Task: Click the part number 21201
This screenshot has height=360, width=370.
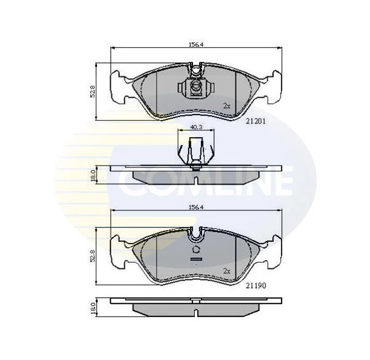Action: click(x=256, y=121)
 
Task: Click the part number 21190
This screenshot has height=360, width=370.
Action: click(x=256, y=286)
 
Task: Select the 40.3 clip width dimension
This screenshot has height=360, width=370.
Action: click(x=196, y=127)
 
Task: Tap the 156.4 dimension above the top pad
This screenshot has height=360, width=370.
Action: click(x=196, y=45)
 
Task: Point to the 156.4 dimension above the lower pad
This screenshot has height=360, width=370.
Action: click(x=196, y=207)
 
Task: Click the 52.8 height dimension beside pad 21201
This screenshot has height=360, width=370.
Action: click(x=92, y=92)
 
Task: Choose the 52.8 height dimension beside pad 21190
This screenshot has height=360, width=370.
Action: click(x=92, y=256)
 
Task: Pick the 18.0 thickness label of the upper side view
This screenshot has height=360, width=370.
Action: click(x=93, y=175)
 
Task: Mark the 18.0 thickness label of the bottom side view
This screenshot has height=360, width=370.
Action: click(x=93, y=308)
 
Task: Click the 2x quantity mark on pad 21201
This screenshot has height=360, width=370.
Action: click(x=227, y=106)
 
